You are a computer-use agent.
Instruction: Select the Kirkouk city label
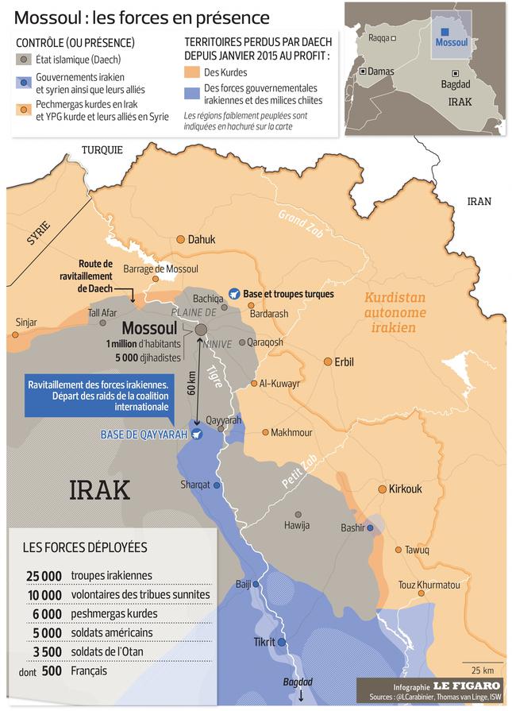405,489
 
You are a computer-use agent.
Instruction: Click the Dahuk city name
202,239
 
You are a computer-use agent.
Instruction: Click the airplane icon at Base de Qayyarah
196,434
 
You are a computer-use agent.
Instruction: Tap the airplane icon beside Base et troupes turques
233,294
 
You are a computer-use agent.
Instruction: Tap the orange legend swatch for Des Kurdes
191,72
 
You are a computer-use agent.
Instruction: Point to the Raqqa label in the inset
379,37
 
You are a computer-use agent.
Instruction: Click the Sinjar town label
26,322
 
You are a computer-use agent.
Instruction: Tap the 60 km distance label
191,382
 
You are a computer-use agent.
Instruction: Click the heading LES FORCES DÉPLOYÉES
85,547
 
